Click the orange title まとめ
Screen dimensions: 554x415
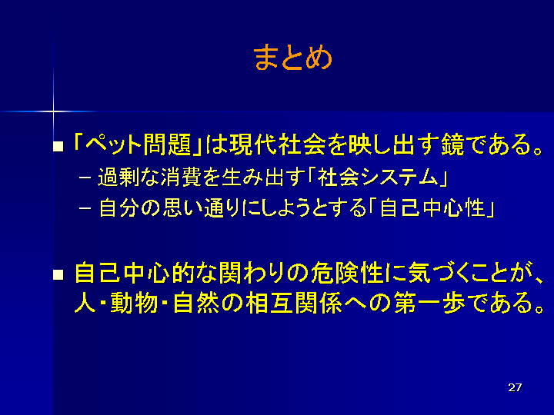coord(292,58)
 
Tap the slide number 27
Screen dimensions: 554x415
coord(515,387)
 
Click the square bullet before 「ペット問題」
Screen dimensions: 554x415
coord(58,147)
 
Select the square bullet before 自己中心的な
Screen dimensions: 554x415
coord(58,275)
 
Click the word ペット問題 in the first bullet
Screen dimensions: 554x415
coord(138,144)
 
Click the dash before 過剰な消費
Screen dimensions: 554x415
coord(85,178)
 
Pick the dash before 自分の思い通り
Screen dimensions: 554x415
coord(85,208)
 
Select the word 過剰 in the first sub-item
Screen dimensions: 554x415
coord(118,178)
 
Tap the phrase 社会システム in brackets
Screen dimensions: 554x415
coord(378,178)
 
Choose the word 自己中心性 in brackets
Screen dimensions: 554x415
coord(432,208)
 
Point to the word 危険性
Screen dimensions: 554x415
coord(348,273)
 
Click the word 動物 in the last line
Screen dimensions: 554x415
coord(134,303)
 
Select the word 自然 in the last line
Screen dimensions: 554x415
coord(197,303)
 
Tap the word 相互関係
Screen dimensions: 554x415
coord(294,303)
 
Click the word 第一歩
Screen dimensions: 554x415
coord(429,303)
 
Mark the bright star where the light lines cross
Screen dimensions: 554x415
coord(53,111)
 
